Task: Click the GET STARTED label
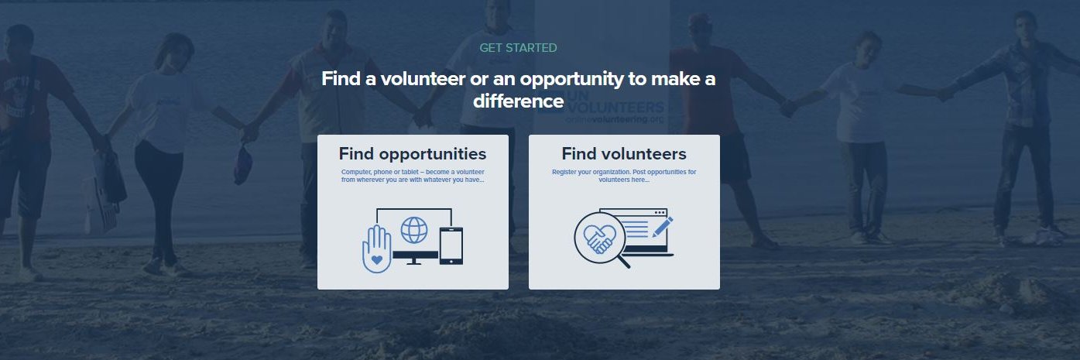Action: click(518, 48)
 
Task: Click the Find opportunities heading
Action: click(413, 154)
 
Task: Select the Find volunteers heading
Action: click(624, 154)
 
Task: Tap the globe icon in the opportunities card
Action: click(413, 230)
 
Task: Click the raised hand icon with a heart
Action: click(376, 249)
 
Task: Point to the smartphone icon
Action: click(451, 245)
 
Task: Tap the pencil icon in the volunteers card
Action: click(663, 227)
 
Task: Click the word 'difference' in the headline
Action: click(518, 101)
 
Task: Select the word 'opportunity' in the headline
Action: click(571, 80)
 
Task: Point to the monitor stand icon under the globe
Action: click(413, 261)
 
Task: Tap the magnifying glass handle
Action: click(623, 262)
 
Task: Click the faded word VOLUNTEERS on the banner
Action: click(615, 107)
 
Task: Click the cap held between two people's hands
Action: click(242, 165)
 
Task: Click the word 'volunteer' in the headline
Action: click(423, 79)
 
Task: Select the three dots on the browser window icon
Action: click(660, 213)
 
